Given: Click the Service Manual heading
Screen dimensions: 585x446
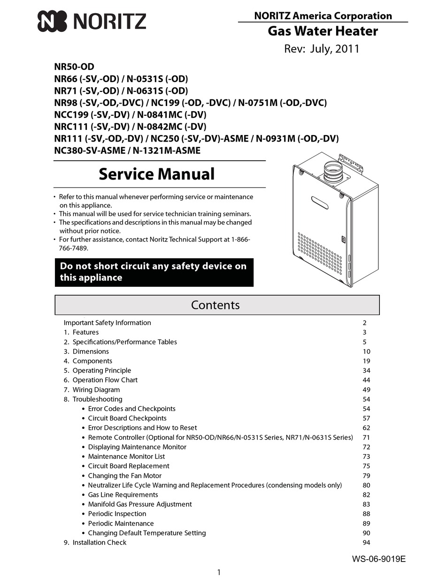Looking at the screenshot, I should pos(156,174).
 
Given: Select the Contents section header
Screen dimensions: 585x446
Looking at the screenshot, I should pos(215,305).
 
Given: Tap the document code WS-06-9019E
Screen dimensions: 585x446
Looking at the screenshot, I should pos(378,559).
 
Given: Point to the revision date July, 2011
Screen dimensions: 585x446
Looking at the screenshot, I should pos(322,49).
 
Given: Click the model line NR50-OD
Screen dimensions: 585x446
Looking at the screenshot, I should pos(74,67).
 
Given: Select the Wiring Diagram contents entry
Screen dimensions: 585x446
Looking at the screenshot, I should pos(96,390).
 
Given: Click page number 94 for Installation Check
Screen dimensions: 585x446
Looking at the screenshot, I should pos(366,542).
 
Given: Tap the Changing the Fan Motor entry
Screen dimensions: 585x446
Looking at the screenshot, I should pos(124,475).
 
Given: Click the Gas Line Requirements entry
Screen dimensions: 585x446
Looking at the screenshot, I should pos(123,495).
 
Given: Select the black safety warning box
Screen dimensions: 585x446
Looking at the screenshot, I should pos(154,272).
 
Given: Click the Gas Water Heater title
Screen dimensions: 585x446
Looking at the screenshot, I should pos(323,31).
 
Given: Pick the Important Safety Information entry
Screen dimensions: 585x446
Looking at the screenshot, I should pos(107,322).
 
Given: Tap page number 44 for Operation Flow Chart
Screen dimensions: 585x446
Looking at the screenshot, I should pos(366,380).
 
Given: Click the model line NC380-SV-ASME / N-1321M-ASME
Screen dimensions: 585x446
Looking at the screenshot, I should pos(127,150).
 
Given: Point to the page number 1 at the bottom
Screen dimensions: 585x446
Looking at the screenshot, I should pos(219,572).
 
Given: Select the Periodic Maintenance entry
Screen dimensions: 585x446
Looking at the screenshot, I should pos(121,523).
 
